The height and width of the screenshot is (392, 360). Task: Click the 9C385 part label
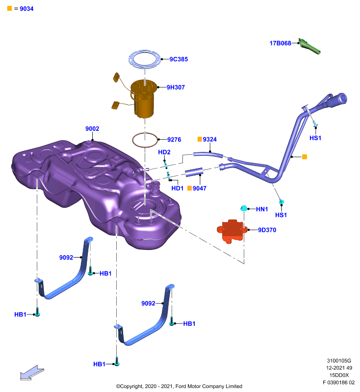pyautogui.click(x=179, y=59)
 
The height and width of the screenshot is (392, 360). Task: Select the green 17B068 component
pyautogui.click(x=309, y=46)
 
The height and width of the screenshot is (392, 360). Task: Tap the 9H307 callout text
pyautogui.click(x=176, y=87)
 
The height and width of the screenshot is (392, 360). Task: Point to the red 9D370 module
pyautogui.click(x=232, y=231)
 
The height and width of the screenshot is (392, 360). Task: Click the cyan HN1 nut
pyautogui.click(x=244, y=208)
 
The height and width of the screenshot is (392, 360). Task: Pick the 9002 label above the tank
pyautogui.click(x=92, y=129)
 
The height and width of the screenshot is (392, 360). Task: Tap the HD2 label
pyautogui.click(x=164, y=152)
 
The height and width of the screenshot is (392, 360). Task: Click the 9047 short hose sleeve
pyautogui.click(x=194, y=172)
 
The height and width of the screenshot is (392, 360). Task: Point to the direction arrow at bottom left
pyautogui.click(x=32, y=373)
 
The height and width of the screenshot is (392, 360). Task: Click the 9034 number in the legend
pyautogui.click(x=26, y=9)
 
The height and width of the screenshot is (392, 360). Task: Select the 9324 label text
pyautogui.click(x=209, y=139)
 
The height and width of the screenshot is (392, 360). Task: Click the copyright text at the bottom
pyautogui.click(x=179, y=386)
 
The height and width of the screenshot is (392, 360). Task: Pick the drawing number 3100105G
pyautogui.click(x=339, y=361)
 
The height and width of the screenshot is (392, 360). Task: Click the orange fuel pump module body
pyautogui.click(x=144, y=99)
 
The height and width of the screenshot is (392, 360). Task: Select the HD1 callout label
pyautogui.click(x=178, y=188)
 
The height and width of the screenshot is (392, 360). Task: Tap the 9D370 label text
pyautogui.click(x=267, y=230)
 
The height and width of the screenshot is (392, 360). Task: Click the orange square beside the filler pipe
pyautogui.click(x=305, y=157)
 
